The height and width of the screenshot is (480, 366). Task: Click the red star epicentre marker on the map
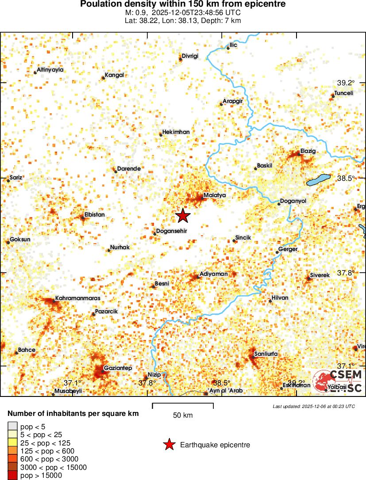[183, 215]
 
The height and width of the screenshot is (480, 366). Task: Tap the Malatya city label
[215, 195]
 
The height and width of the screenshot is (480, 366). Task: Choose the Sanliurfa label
[266, 354]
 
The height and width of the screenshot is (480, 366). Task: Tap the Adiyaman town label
[214, 274]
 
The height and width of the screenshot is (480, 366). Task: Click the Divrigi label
[190, 56]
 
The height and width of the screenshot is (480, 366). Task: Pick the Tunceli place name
[343, 93]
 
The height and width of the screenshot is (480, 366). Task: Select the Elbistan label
[94, 215]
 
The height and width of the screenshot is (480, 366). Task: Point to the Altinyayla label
[50, 70]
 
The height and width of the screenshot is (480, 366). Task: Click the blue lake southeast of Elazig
[319, 180]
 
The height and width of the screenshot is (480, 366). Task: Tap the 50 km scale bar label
[183, 415]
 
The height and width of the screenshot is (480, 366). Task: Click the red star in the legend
[169, 445]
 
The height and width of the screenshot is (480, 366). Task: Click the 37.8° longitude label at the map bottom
[147, 383]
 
